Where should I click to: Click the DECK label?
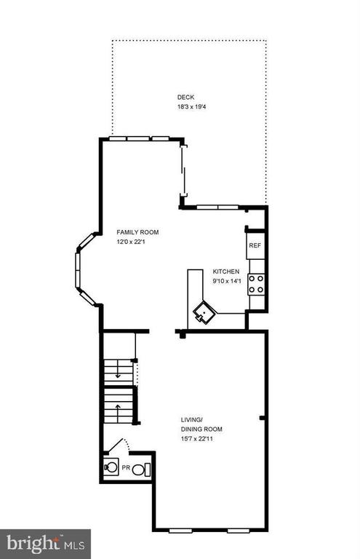coord(185,97)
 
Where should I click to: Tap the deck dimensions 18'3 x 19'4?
coord(191,106)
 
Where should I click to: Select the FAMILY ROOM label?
coord(137,232)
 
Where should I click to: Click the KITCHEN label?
coord(226,271)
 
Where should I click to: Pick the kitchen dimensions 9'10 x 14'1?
coord(227,281)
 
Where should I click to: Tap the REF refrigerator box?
coord(255,245)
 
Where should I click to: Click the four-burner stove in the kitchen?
coord(257,284)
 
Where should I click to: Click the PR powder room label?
coord(126,467)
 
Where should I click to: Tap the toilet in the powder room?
coord(141,469)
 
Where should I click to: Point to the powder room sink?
coord(111,467)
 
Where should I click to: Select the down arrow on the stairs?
coord(118,372)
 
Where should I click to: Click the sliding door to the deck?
coord(183,170)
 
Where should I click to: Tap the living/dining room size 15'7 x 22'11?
coord(197,439)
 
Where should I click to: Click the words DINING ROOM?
coord(201,429)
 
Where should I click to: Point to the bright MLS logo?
coord(45,544)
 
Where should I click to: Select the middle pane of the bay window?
coord(77,270)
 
